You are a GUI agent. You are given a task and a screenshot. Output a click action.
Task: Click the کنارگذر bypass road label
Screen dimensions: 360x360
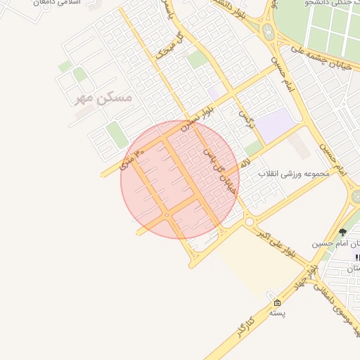click(240, 326)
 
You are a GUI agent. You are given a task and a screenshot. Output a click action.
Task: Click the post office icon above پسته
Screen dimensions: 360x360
click(277, 303)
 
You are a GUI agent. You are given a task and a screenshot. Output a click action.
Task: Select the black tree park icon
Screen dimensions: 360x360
click(343, 231)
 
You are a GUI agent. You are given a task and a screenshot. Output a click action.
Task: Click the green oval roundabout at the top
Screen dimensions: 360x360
click(268, 32)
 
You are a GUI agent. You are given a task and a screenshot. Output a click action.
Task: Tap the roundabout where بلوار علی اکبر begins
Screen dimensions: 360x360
click(249, 221)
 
